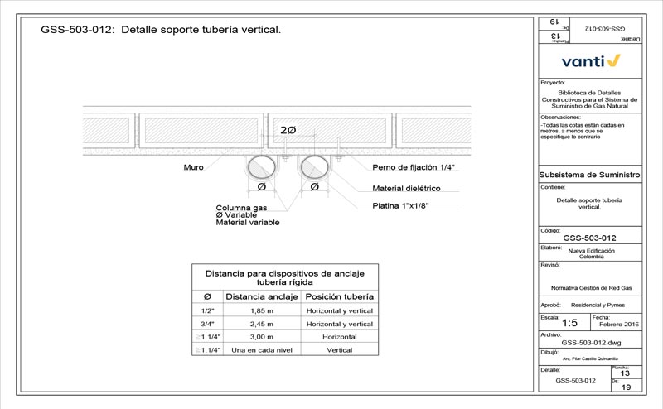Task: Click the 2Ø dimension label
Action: pos(288,131)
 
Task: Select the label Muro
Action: pos(193,167)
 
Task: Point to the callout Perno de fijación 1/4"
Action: pos(414,167)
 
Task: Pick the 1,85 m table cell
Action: pos(261,310)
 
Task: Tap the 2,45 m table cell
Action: pos(261,324)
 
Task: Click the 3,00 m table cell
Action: pos(261,338)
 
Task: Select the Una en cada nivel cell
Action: pos(261,351)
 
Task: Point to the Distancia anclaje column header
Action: pos(261,296)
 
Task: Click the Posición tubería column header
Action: pos(340,296)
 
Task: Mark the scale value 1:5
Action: pos(570,323)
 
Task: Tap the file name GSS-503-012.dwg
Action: pos(591,342)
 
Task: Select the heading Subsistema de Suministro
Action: pos(590,176)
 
